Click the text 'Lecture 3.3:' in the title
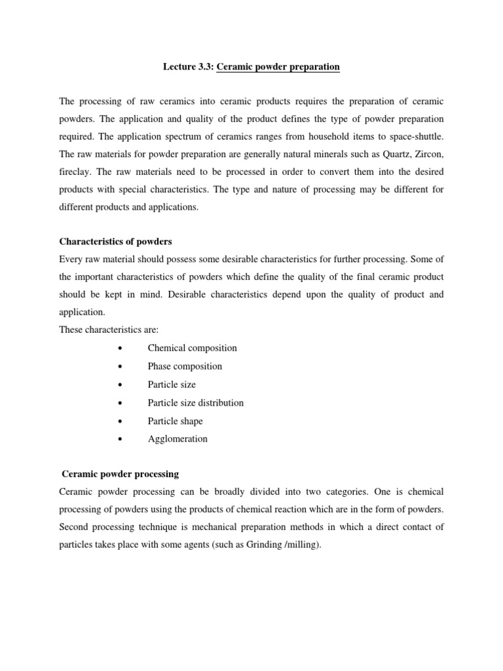187,67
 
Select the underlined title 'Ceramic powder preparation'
278,67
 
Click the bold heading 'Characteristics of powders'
115,259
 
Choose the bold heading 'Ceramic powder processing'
120,473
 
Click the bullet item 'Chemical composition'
192,348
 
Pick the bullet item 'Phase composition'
185,366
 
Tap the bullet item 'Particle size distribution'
195,402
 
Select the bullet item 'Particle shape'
175,421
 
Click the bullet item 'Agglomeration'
177,439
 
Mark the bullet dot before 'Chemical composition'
121,349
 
